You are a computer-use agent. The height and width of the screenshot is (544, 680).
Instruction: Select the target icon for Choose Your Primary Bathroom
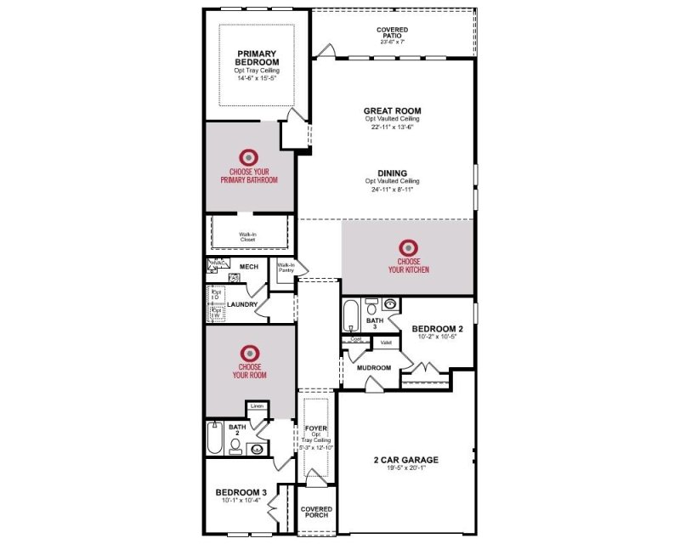[x=248, y=157]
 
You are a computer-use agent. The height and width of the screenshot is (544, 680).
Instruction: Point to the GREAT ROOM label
[x=392, y=110]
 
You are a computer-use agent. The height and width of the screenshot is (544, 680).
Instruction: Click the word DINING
[x=392, y=173]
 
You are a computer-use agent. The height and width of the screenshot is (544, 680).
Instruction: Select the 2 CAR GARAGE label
[x=405, y=460]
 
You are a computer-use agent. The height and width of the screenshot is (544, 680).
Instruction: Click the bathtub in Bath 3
[x=350, y=317]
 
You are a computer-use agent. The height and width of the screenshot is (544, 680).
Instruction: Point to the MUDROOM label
[x=374, y=368]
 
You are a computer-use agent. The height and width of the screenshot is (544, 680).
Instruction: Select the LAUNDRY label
[x=242, y=303]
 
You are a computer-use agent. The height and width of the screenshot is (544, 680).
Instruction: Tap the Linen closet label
[x=257, y=407]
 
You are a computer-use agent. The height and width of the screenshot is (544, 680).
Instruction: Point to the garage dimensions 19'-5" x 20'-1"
[x=405, y=468]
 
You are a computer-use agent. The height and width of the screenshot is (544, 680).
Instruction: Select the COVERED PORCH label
[x=316, y=513]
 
